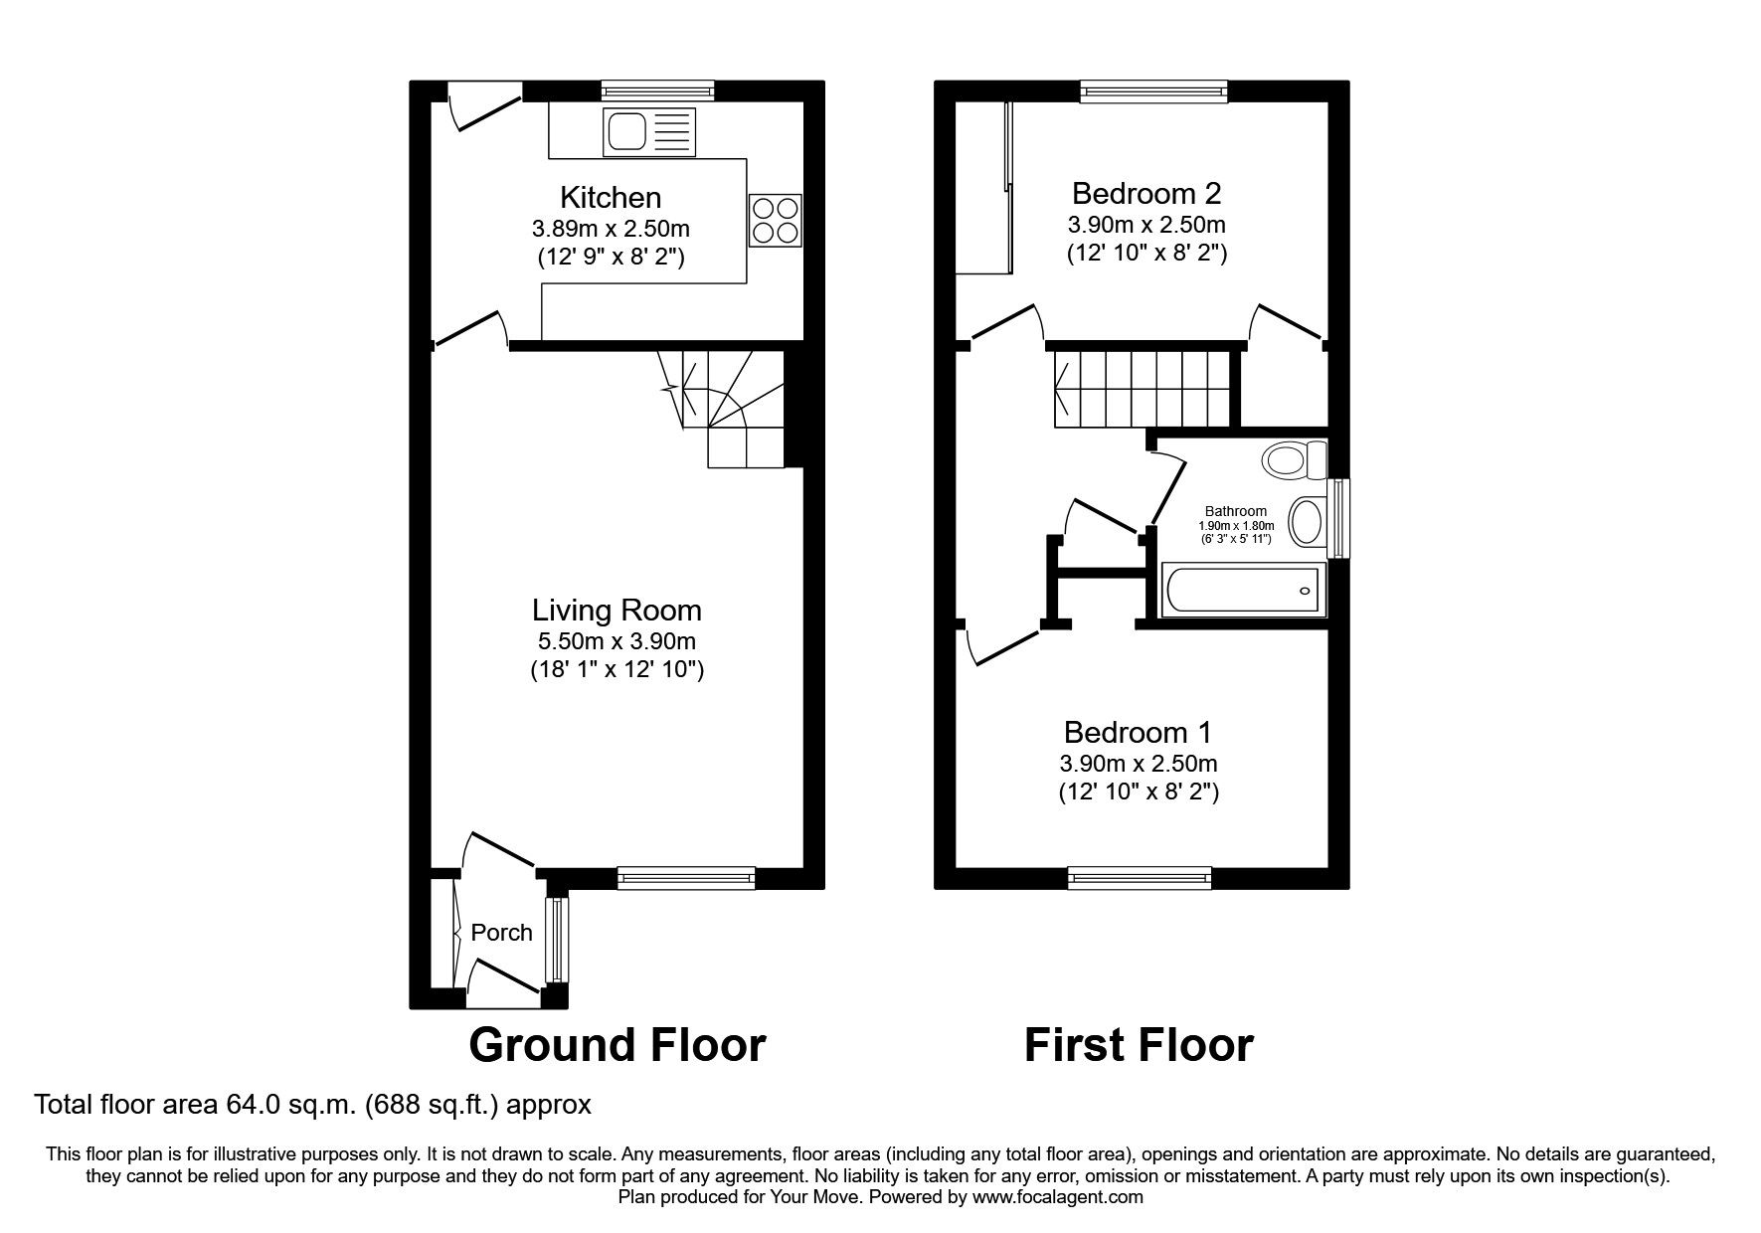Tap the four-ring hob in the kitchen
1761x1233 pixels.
pyautogui.click(x=775, y=220)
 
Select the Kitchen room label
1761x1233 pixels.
pyautogui.click(x=611, y=197)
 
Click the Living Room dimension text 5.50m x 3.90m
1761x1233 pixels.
pyautogui.click(x=615, y=641)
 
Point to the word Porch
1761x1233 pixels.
pyautogui.click(x=501, y=933)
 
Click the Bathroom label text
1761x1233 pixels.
pyautogui.click(x=1236, y=511)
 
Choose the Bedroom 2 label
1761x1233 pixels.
pyautogui.click(x=1146, y=192)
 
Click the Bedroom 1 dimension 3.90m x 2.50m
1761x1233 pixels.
pyautogui.click(x=1138, y=764)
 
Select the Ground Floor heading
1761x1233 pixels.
pyautogui.click(x=616, y=1045)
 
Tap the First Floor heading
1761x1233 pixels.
pyautogui.click(x=1139, y=1045)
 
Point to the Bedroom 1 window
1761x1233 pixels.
pyautogui.click(x=1140, y=878)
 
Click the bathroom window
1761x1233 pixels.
pyautogui.click(x=1339, y=518)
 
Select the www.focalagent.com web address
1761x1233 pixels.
pyautogui.click(x=1058, y=1197)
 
